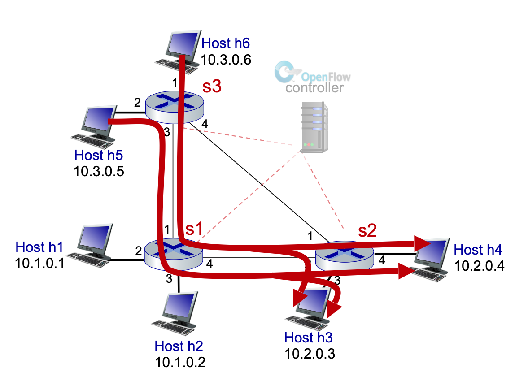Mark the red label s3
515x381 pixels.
tap(211, 87)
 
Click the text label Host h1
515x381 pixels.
tap(40, 247)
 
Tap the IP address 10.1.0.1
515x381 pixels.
tap(40, 263)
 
